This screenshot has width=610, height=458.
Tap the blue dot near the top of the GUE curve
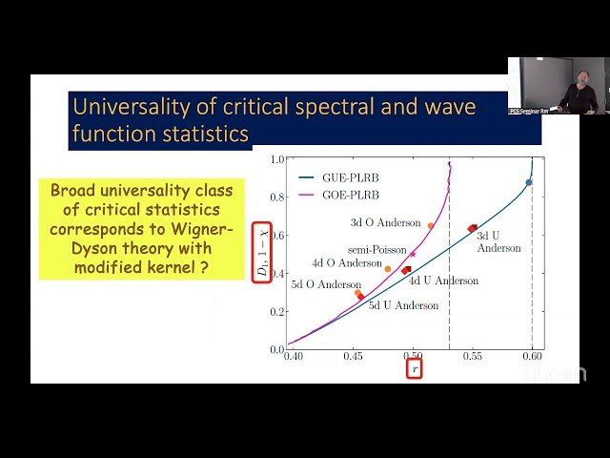[529, 182]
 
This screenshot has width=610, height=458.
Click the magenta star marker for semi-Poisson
[413, 254]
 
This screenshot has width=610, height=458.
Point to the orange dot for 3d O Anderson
[431, 226]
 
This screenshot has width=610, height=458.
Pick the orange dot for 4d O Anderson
[388, 269]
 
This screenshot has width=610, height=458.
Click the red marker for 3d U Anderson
[473, 228]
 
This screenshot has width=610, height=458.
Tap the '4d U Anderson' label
[443, 281]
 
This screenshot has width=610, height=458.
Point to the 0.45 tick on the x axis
[353, 356]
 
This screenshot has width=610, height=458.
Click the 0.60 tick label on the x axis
[532, 356]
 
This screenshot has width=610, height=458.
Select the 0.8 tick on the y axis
[277, 198]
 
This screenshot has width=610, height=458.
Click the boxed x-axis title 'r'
[413, 369]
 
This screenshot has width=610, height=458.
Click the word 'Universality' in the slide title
[130, 105]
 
